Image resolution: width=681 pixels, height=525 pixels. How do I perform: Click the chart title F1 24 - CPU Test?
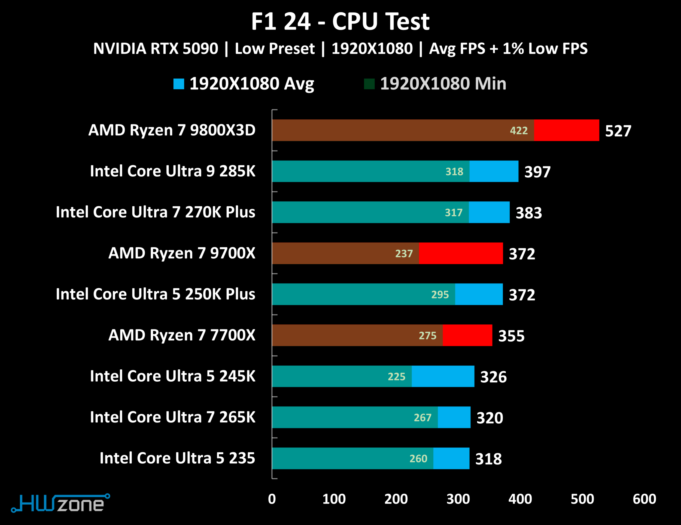click(340, 22)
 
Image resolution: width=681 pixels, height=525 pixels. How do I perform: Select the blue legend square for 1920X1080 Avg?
click(179, 84)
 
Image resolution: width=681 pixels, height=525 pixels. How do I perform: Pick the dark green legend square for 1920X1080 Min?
click(369, 84)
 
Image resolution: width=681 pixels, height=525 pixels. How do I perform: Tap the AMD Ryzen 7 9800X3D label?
click(172, 130)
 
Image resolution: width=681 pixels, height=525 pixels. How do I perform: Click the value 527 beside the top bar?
click(618, 131)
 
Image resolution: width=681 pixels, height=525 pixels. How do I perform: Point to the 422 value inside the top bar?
click(519, 130)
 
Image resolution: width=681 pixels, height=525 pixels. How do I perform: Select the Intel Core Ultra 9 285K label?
click(172, 171)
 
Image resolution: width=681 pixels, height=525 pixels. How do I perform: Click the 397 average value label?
click(537, 172)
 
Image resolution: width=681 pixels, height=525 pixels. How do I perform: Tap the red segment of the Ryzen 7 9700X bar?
click(461, 253)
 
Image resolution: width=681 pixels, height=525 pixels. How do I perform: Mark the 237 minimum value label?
click(404, 254)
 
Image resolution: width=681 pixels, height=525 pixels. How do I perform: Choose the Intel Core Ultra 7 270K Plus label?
click(155, 212)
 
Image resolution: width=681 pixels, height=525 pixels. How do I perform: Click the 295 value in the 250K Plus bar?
click(440, 294)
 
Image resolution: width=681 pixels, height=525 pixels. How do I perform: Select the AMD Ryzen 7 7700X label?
click(182, 335)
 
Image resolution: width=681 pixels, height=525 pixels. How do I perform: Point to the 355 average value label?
click(511, 336)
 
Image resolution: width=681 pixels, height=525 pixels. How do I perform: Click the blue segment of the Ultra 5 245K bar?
click(443, 376)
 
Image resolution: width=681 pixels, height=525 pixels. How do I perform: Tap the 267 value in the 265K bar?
click(422, 417)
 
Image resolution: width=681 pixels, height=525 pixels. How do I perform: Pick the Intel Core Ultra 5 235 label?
click(177, 458)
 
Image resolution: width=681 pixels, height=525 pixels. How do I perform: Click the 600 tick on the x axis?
click(644, 499)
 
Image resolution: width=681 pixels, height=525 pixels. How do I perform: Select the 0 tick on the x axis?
click(272, 499)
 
